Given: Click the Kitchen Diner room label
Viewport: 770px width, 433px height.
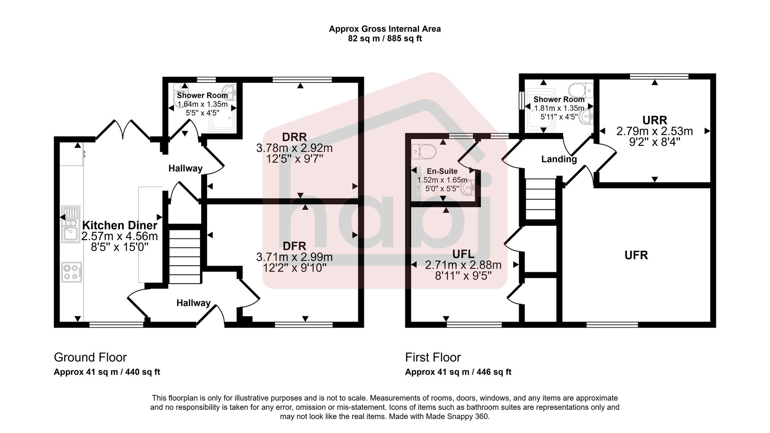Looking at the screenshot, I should tap(119, 225).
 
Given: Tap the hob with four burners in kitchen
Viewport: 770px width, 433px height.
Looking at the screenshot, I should tap(71, 272).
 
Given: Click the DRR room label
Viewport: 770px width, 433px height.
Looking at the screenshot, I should tap(294, 137).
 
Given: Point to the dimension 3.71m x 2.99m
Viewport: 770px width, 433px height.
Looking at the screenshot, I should tap(294, 257).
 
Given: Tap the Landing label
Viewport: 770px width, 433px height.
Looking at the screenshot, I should tap(559, 159).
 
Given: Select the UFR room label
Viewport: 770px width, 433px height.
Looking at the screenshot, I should tap(636, 255).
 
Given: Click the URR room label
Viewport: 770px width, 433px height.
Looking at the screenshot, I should tap(654, 121).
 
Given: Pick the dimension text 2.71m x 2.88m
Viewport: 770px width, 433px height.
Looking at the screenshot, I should tap(463, 265).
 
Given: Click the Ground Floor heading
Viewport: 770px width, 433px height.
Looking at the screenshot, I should tap(90, 357).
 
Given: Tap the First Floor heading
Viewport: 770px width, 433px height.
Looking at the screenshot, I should tap(433, 357).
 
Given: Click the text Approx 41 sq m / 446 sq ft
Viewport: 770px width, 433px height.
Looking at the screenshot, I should tap(458, 372).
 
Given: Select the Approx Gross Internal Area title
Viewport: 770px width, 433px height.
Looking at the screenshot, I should tap(384, 29).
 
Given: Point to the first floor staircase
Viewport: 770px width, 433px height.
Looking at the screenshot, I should tap(540, 199).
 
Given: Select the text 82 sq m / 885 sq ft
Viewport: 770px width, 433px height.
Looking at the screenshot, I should tap(384, 39).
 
